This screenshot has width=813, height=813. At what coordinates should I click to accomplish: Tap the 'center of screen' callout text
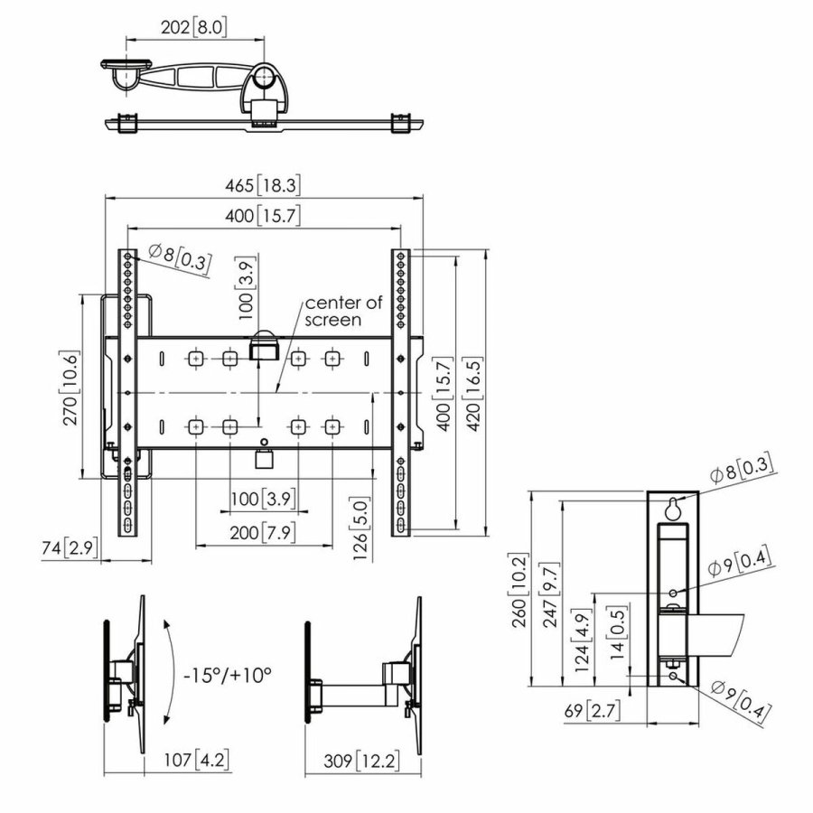[x=333, y=311]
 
